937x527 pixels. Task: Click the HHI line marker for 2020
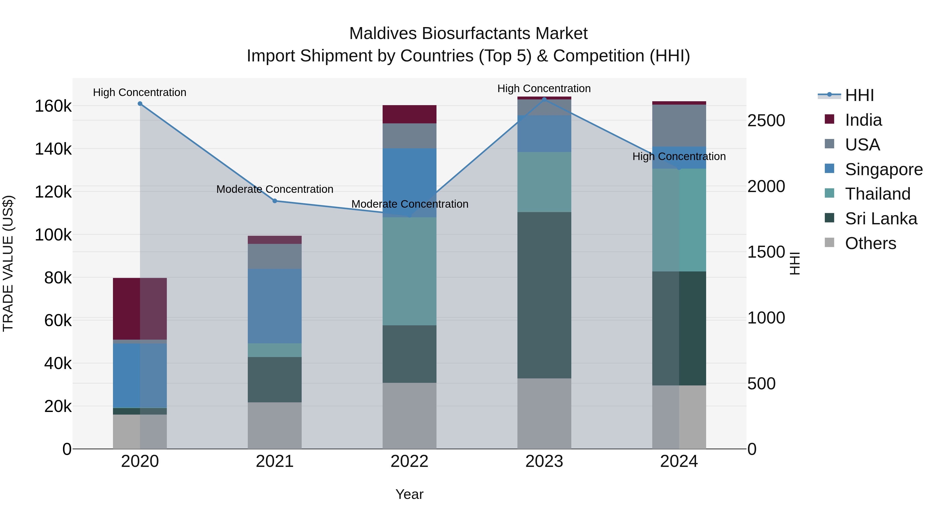140,104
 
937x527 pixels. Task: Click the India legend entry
863,120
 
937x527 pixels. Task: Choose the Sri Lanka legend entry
880,219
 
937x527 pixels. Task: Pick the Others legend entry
870,243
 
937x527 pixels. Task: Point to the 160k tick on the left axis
53,106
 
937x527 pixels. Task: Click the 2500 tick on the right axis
766,121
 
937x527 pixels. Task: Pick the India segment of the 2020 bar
140,308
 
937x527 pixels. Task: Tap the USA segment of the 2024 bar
679,125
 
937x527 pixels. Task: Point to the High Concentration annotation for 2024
679,156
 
